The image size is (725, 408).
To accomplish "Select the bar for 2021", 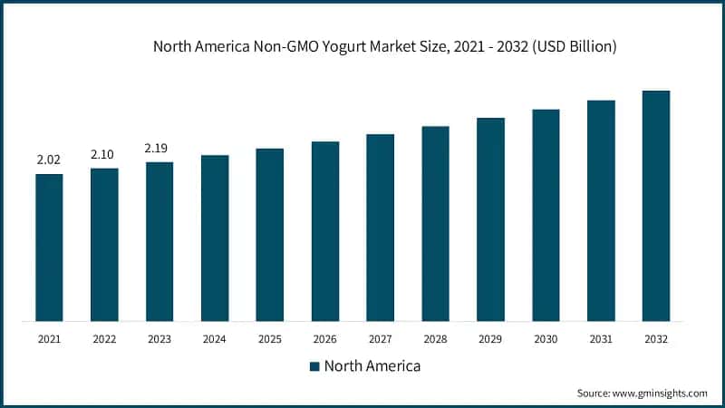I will click(x=49, y=247).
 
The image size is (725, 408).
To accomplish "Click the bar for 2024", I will click(x=215, y=238).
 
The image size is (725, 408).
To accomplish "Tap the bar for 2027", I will click(x=381, y=227).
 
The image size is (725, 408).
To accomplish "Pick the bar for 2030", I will click(x=546, y=215).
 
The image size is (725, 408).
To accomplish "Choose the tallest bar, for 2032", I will click(x=656, y=205).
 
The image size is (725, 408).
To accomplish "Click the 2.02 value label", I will click(x=49, y=160).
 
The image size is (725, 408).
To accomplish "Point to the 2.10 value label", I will click(x=104, y=155).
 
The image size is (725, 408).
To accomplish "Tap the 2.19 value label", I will click(x=159, y=149).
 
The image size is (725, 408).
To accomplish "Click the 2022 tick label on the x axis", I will click(x=104, y=339).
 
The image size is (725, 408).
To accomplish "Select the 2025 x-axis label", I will click(x=270, y=339).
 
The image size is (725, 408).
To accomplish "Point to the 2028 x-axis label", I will click(x=436, y=339).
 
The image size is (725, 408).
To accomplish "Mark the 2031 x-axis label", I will click(x=601, y=339).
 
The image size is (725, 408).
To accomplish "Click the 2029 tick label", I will click(x=491, y=339).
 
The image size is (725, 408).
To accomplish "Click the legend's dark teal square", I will click(x=314, y=366).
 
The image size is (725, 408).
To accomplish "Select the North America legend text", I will click(x=372, y=366).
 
